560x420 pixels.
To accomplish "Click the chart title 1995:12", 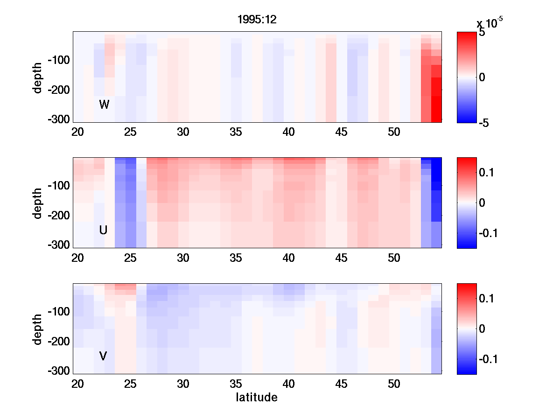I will pyautogui.click(x=257, y=20).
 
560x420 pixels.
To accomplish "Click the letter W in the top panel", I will pyautogui.click(x=104, y=105).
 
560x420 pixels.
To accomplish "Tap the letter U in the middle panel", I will pyautogui.click(x=104, y=230).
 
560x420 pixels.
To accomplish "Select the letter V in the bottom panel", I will pyautogui.click(x=103, y=356).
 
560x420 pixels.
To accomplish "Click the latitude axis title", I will pyautogui.click(x=257, y=398).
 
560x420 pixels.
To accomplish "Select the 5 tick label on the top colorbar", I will pyautogui.click(x=482, y=33).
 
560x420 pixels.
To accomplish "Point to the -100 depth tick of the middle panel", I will pyautogui.click(x=58, y=186).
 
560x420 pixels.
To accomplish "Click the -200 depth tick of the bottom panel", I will pyautogui.click(x=58, y=342).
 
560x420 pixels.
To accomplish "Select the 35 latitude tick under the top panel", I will pyautogui.click(x=236, y=132).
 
